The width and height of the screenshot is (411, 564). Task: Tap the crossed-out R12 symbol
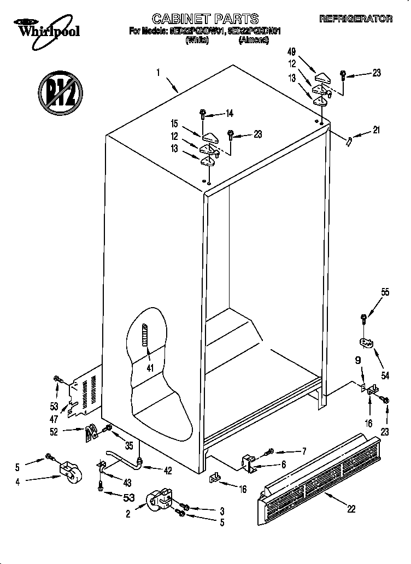tap(60, 91)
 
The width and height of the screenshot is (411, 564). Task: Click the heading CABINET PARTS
tap(205, 19)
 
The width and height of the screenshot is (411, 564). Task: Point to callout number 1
tap(158, 72)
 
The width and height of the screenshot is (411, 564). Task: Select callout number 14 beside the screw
tap(229, 114)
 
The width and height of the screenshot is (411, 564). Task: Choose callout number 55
tap(385, 292)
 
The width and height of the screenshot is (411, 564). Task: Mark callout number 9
tap(358, 360)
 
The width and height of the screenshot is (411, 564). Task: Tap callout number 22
tap(351, 508)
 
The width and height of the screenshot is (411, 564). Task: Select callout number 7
tap(300, 451)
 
